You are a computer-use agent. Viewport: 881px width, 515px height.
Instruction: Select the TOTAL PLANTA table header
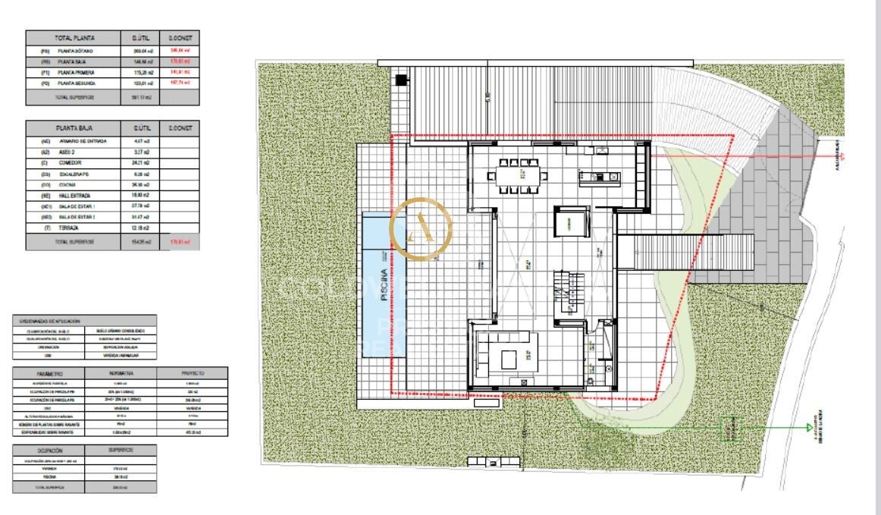tap(74, 37)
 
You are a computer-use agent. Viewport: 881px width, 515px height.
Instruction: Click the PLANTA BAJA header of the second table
tap(74, 128)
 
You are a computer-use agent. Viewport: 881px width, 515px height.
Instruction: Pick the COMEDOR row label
tap(70, 162)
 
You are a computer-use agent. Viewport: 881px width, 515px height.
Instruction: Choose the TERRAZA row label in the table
tap(69, 228)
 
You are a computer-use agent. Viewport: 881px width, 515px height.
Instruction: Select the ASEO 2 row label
tap(69, 152)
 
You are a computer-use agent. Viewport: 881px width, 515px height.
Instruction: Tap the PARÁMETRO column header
tap(51, 373)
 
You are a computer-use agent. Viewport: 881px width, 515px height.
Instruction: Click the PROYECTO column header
tap(193, 373)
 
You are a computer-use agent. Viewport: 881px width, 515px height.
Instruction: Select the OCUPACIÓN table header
tap(51, 449)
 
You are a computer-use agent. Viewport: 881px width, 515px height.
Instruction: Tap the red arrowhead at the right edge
tap(843, 156)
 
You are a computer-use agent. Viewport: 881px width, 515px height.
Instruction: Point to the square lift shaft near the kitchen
tap(569, 222)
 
